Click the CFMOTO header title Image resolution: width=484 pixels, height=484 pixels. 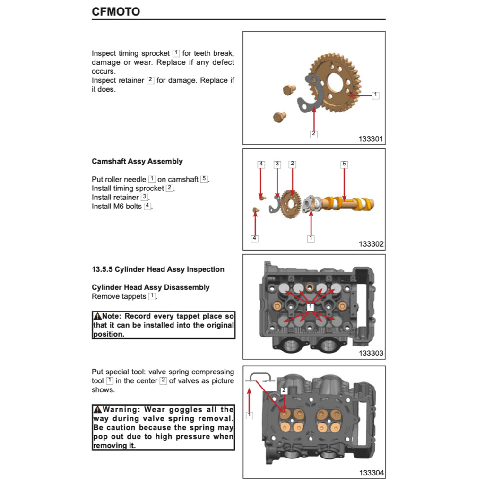116,11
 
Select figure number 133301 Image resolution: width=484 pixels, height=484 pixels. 371,139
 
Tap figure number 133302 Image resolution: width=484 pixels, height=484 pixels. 371,244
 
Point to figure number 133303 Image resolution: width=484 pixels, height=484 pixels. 371,353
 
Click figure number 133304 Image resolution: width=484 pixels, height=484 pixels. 371,473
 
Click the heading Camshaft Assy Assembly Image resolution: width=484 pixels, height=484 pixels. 137,161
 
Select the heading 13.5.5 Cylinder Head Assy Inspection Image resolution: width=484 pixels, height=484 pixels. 158,269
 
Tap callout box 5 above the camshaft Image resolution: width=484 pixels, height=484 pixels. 344,164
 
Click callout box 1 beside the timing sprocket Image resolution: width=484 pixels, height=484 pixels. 375,95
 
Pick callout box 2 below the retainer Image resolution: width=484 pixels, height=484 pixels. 313,134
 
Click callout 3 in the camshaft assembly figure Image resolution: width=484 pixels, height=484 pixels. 277,164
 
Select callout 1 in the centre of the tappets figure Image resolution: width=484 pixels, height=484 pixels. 310,307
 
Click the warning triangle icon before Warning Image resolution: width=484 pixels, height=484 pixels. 97,410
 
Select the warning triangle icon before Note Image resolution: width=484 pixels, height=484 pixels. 97,316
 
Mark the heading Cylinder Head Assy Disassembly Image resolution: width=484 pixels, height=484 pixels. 150,287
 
